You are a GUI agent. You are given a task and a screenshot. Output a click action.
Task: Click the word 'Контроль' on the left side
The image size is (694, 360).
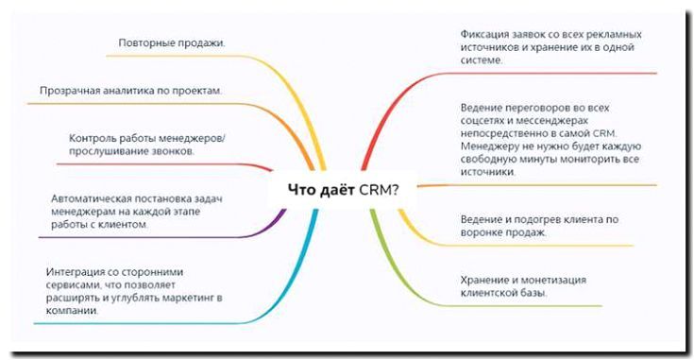[x=93, y=139]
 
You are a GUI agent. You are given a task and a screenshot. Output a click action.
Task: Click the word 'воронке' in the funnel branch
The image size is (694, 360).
[x=485, y=231]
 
